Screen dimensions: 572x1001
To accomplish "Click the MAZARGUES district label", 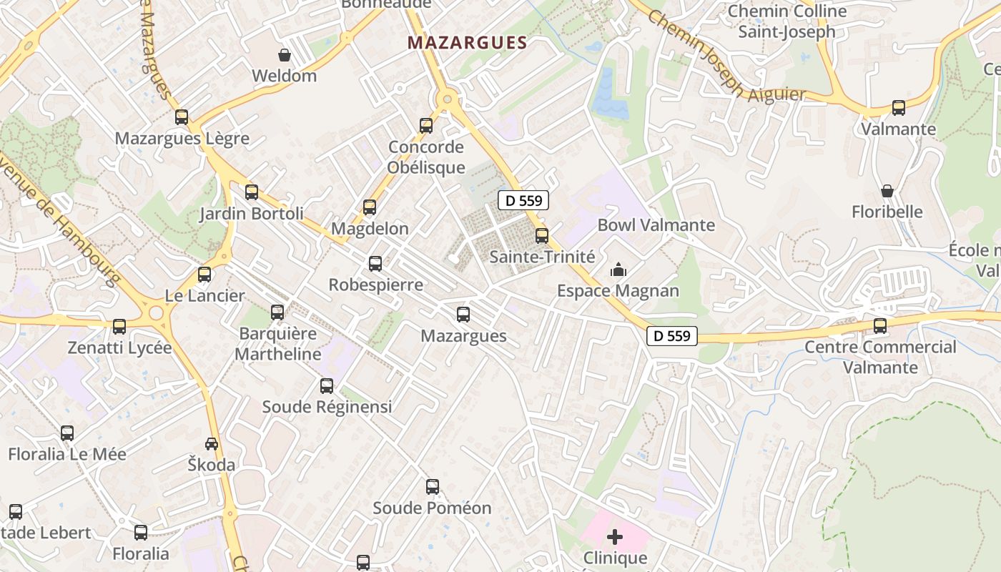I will pyautogui.click(x=467, y=43).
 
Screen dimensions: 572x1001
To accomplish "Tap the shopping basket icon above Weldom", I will pyautogui.click(x=285, y=55).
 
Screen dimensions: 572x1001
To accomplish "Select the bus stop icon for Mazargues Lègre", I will pyautogui.click(x=182, y=117).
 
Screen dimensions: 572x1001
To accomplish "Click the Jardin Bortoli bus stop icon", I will pyautogui.click(x=252, y=192).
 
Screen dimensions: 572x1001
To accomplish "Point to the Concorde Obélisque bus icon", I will pyautogui.click(x=426, y=126).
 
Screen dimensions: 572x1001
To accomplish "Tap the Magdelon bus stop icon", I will pyautogui.click(x=370, y=207).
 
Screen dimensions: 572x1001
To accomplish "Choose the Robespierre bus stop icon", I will pyautogui.click(x=375, y=264).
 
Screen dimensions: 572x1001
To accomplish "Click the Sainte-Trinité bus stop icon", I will pyautogui.click(x=542, y=235).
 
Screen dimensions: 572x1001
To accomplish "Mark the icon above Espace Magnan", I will pyautogui.click(x=618, y=270).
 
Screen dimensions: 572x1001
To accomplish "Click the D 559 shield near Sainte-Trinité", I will pyautogui.click(x=523, y=201).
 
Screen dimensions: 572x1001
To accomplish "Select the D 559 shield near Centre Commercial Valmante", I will pyautogui.click(x=672, y=335).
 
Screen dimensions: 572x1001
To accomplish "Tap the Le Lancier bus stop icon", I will pyautogui.click(x=204, y=275).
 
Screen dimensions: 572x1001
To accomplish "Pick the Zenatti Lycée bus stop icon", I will pyautogui.click(x=119, y=327).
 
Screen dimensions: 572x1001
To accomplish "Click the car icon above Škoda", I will pyautogui.click(x=212, y=444).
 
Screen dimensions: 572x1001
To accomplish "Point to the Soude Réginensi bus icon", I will pyautogui.click(x=327, y=386).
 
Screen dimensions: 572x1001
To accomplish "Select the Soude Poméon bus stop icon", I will pyautogui.click(x=433, y=487).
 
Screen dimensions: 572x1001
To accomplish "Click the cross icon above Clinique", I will pyautogui.click(x=615, y=536).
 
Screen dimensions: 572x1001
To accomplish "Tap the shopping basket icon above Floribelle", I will pyautogui.click(x=887, y=191).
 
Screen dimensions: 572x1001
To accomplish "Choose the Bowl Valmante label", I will pyautogui.click(x=656, y=225).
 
